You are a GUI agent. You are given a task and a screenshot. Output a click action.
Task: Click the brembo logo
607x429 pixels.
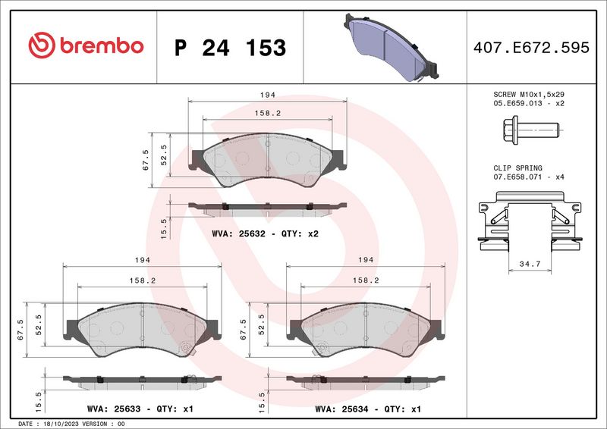coord(85,46)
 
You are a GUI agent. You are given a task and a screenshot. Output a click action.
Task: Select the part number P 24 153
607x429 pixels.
coord(230,47)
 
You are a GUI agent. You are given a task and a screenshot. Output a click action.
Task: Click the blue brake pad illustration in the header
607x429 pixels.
coord(392,47)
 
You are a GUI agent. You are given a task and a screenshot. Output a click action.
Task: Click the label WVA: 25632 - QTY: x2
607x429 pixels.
coord(266,233)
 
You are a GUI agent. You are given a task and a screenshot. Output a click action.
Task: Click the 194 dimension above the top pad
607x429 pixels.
coord(266,96)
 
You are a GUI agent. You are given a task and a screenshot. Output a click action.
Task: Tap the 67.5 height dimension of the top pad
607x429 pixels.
coord(146,160)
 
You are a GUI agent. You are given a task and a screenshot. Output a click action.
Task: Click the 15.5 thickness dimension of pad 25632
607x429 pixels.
coord(163,227)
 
